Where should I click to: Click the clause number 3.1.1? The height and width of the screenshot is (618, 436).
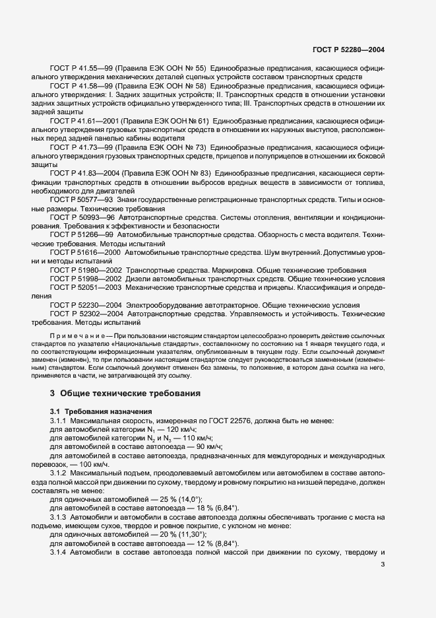coord(60,421)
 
